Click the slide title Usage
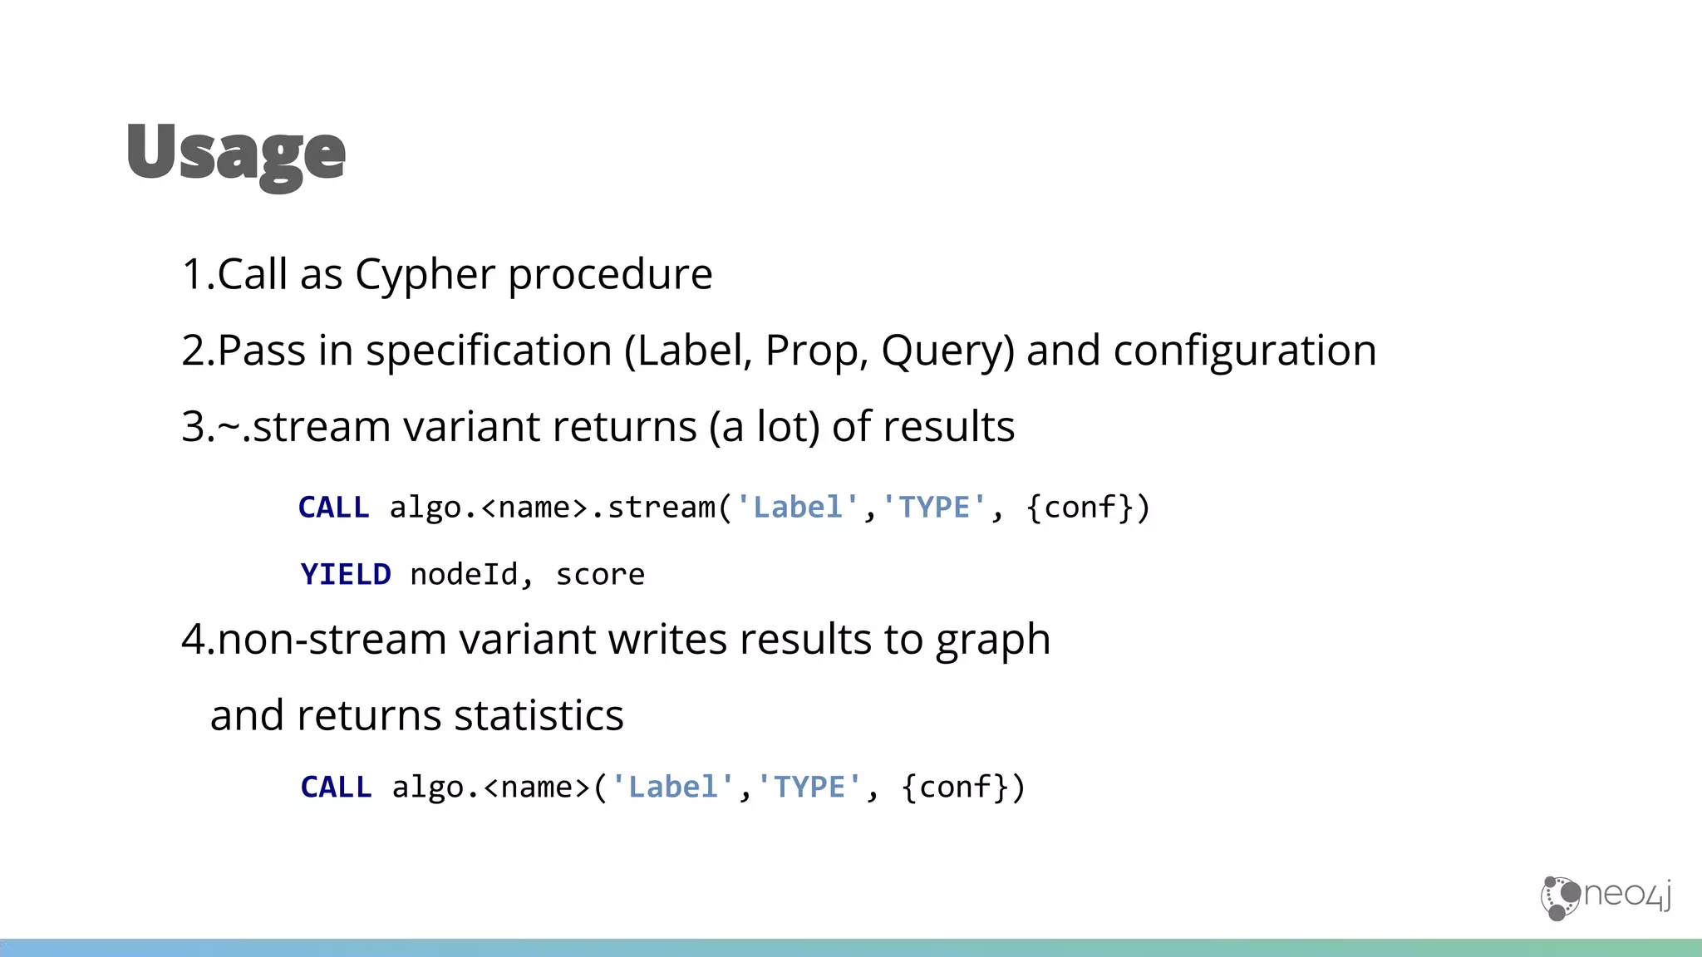(236, 154)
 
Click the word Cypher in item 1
(425, 275)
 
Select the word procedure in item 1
(610, 275)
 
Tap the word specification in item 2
(489, 351)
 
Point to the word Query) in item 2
(947, 351)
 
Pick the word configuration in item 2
(1244, 351)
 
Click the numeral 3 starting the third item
(193, 427)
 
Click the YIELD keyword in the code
(346, 575)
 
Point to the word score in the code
(600, 575)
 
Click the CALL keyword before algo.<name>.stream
(333, 508)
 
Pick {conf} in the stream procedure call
(1080, 508)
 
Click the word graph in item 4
(992, 640)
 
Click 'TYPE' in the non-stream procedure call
(809, 788)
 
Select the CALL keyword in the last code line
(336, 788)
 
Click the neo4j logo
(1606, 897)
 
